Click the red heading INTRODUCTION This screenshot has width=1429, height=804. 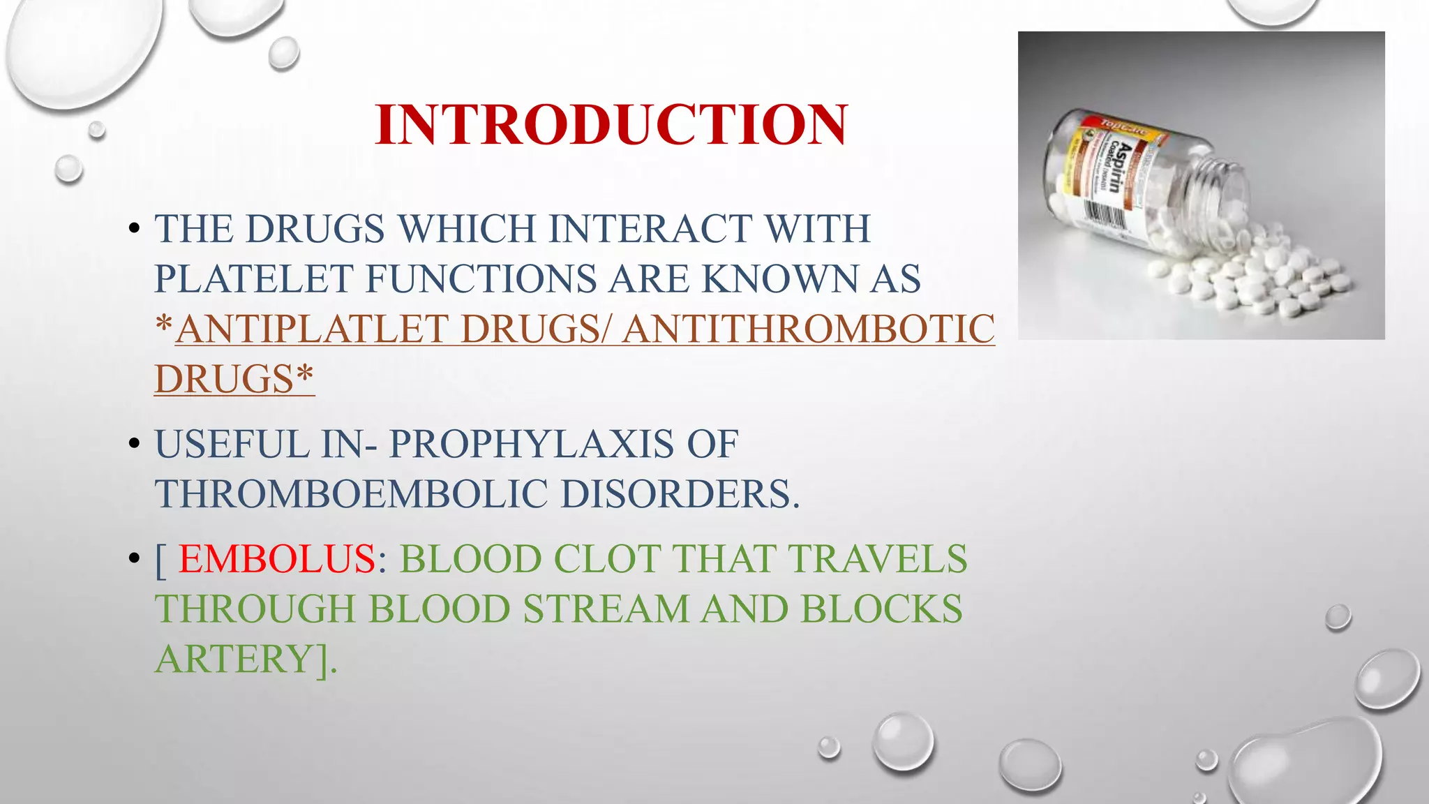point(611,125)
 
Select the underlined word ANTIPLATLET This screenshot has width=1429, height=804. point(311,329)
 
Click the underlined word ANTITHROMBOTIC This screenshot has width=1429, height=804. point(809,329)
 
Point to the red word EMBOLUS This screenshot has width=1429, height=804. point(277,559)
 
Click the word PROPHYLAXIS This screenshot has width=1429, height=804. point(531,445)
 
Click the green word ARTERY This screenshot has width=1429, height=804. point(236,659)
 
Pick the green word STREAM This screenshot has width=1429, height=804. point(606,609)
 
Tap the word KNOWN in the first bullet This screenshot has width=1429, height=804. point(779,278)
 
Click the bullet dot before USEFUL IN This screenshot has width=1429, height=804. point(134,445)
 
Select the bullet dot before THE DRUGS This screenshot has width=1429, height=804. point(134,229)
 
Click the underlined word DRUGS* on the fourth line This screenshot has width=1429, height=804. point(234,379)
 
